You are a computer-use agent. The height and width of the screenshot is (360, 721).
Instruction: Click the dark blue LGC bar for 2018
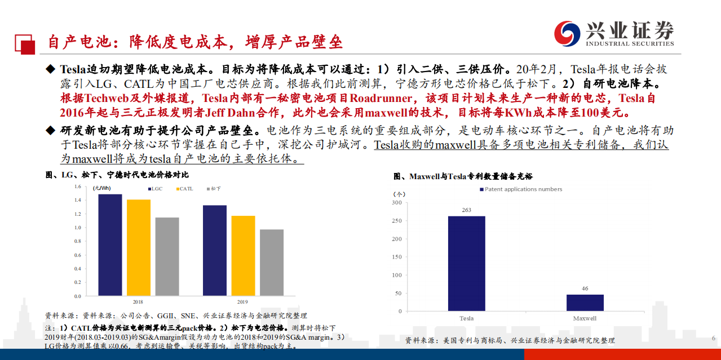click(x=110, y=245)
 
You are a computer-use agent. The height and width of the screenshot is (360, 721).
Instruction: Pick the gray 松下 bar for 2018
click(x=167, y=257)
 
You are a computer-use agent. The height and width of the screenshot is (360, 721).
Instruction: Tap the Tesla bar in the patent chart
click(x=466, y=263)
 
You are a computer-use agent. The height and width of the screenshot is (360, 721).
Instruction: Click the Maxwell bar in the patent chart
click(x=585, y=303)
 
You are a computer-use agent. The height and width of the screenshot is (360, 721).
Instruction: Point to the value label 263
click(x=466, y=210)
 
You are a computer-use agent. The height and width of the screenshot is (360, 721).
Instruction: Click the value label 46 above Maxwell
click(x=585, y=288)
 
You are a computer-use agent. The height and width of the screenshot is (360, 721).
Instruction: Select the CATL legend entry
click(x=184, y=189)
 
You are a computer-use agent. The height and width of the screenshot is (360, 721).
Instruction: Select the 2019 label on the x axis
click(x=243, y=302)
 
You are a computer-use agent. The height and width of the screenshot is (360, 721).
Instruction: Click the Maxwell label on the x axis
click(x=585, y=318)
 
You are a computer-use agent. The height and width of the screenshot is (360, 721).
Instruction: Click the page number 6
click(x=713, y=338)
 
